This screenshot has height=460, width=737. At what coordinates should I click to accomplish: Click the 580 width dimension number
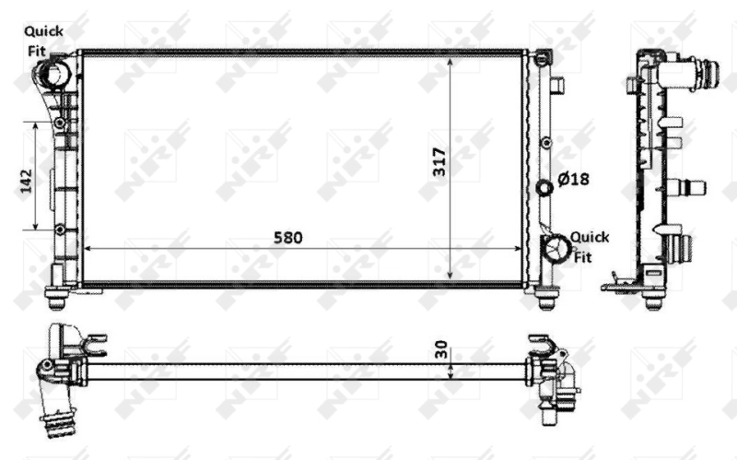[x=287, y=238]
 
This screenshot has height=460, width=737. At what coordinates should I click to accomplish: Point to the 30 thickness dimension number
[x=440, y=351]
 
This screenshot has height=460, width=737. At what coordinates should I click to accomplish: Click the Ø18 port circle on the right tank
[x=544, y=188]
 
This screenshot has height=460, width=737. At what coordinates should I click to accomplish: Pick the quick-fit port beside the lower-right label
[x=556, y=246]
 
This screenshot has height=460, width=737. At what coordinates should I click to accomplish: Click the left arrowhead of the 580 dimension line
[x=88, y=249]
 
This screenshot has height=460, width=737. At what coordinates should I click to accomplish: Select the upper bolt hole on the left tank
[x=60, y=123]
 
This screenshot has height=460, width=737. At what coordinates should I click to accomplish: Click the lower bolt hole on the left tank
[x=60, y=229]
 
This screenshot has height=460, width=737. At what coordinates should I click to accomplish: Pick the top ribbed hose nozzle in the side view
[x=706, y=72]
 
